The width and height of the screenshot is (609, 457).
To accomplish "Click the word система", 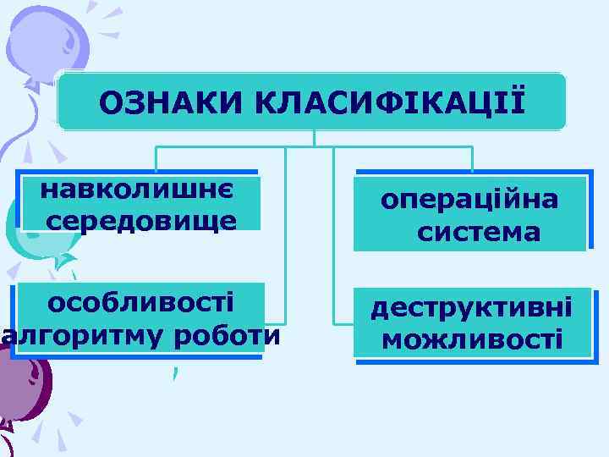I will (479, 230).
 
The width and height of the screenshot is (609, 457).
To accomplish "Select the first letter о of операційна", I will (388, 201).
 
